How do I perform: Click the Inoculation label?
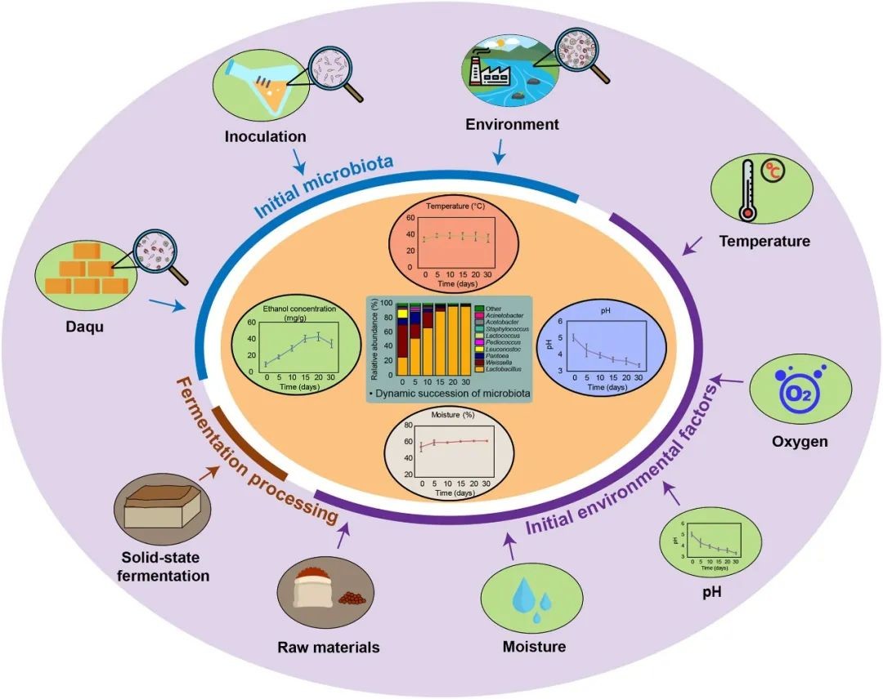pyautogui.click(x=266, y=136)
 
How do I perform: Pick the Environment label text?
pyautogui.click(x=513, y=124)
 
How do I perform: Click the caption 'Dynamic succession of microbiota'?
pyautogui.click(x=453, y=394)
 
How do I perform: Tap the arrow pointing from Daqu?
pyautogui.click(x=167, y=305)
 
